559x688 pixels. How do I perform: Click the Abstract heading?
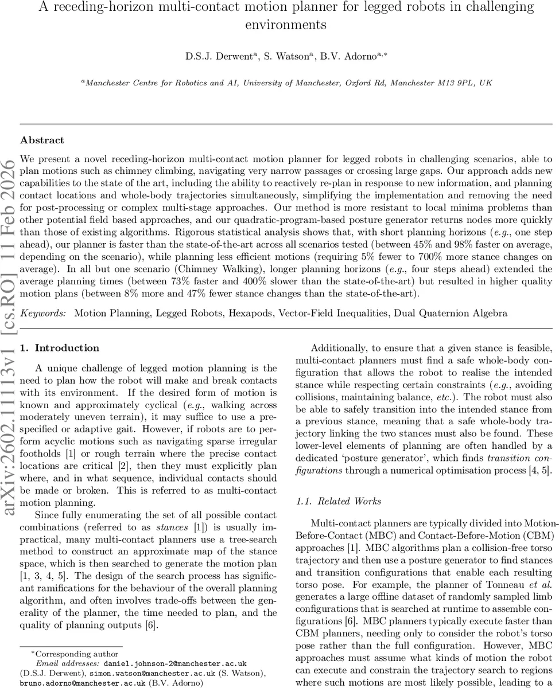42,140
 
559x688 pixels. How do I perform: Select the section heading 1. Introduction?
59,348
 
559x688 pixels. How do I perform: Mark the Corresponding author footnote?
75,654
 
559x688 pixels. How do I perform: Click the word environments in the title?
286,25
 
